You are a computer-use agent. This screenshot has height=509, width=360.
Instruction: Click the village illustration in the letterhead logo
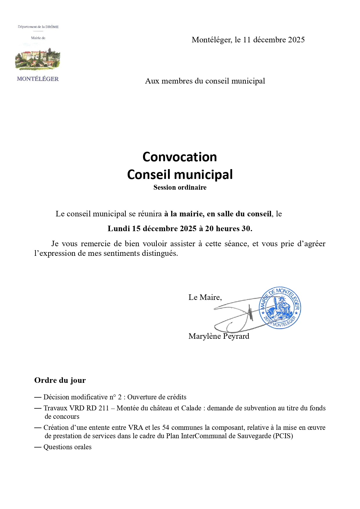38,60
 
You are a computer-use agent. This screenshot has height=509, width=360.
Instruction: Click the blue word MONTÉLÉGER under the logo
38,79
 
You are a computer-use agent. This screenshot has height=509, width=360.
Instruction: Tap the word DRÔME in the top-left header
52,27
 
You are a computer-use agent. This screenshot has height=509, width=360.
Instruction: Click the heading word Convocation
180,157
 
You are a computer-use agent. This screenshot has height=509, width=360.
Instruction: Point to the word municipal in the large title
205,175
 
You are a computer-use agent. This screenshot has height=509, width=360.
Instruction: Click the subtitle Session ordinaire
180,188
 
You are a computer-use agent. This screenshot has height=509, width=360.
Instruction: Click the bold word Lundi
119,229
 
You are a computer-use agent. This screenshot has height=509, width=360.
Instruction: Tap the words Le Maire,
205,297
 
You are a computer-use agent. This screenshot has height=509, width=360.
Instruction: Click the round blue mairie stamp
280,308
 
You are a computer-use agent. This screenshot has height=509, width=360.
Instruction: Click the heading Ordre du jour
60,380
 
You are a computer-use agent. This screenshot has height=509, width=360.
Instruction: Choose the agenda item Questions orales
67,447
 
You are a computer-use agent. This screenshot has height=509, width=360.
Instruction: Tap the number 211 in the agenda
104,408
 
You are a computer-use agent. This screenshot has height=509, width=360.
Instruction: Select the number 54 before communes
166,428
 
